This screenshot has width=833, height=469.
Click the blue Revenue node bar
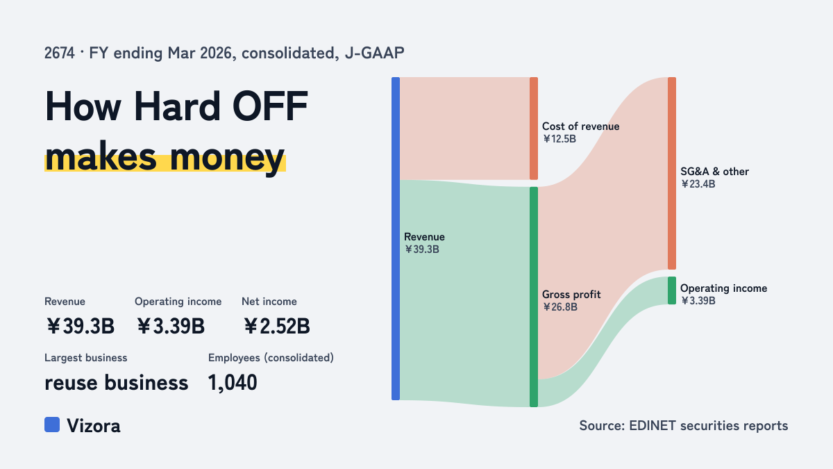[x=396, y=238]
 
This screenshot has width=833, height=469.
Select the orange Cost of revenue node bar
[x=534, y=129]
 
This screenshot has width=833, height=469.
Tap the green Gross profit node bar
[x=534, y=297]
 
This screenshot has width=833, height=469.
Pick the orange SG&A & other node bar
[x=672, y=173]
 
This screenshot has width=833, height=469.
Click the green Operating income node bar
[x=672, y=290]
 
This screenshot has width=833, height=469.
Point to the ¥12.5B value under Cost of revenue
[x=559, y=139]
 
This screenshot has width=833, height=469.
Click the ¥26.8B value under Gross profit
[x=559, y=307]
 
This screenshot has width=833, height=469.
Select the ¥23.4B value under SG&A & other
[x=698, y=184]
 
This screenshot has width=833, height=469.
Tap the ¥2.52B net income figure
[x=276, y=326]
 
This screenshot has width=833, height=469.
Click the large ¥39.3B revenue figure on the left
[x=80, y=326]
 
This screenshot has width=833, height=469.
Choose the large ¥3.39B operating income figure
[x=170, y=326]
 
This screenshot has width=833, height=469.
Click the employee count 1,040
[x=233, y=383]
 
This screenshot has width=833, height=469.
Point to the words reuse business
[x=117, y=383]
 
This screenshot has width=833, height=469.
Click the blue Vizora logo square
[x=52, y=425]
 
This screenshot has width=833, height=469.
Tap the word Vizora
[x=94, y=426]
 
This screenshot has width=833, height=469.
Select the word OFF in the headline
[x=270, y=106]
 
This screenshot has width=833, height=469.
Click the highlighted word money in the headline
[x=227, y=158]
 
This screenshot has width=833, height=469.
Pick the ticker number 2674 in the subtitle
[x=60, y=54]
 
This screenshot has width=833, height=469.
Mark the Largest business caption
[x=86, y=358]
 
